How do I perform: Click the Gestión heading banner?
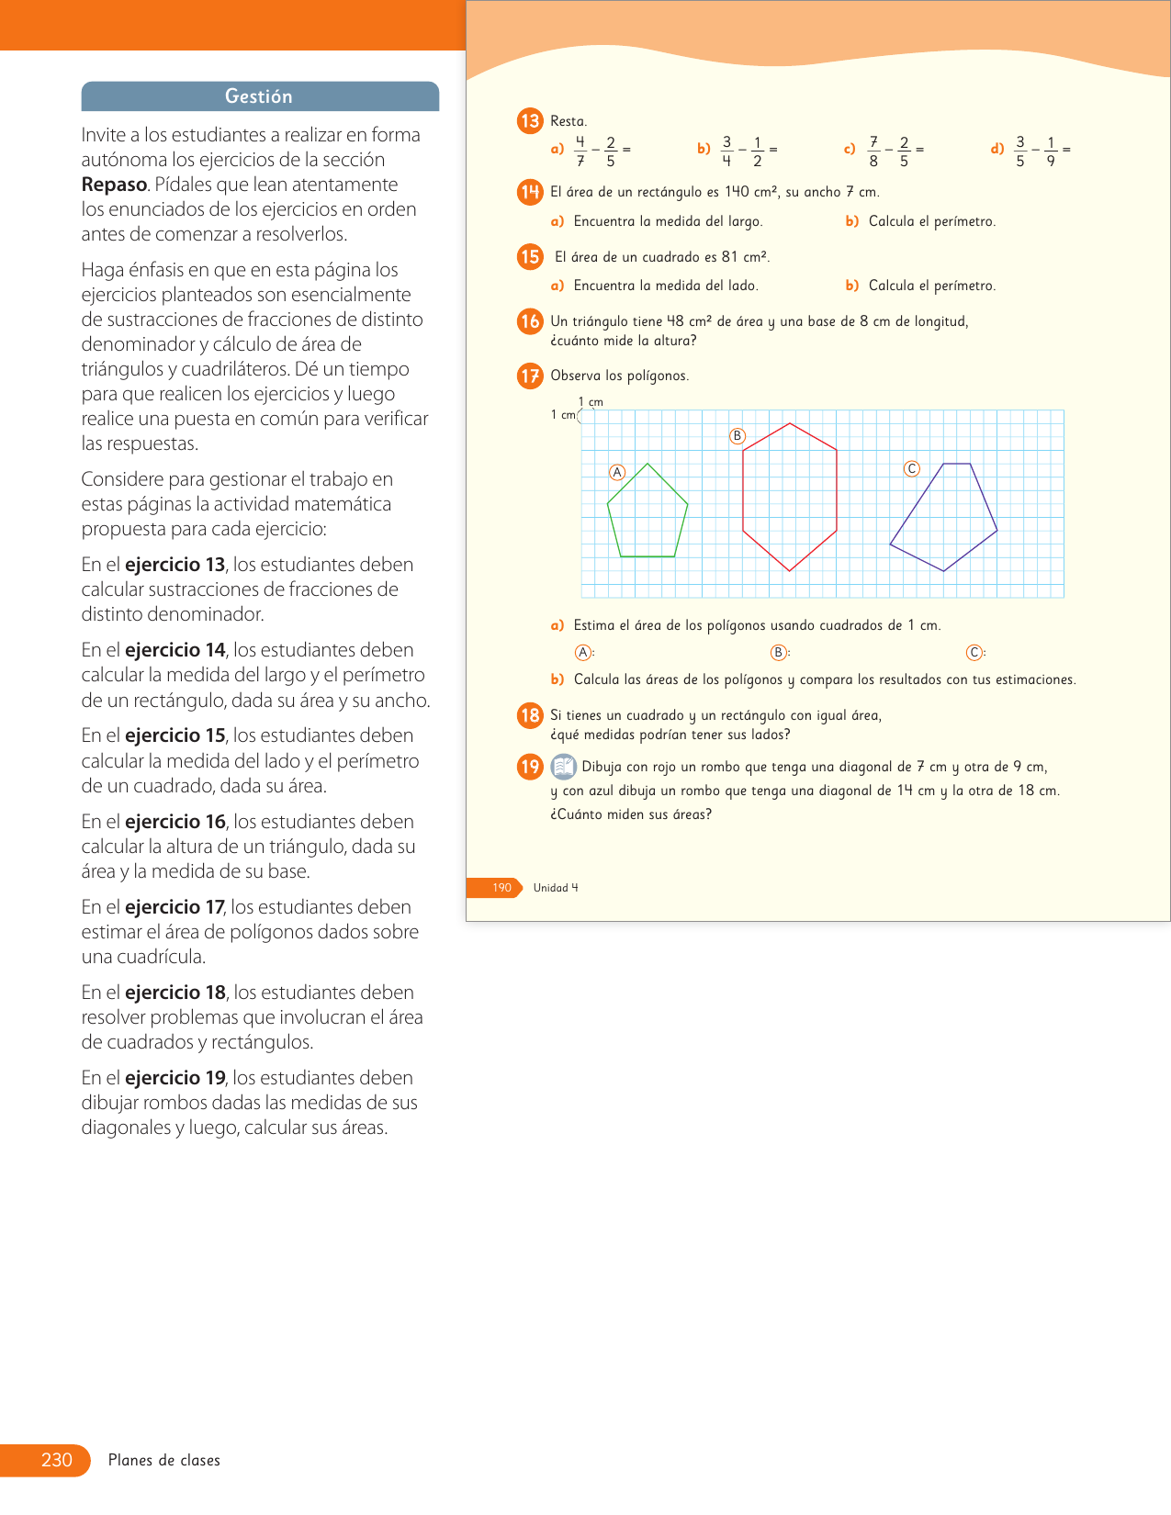click(x=260, y=96)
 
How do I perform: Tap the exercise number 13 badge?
click(x=530, y=121)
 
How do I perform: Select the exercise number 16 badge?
click(x=530, y=321)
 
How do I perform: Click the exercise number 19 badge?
click(x=530, y=767)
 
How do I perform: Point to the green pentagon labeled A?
click(x=647, y=514)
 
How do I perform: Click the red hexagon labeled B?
click(x=790, y=496)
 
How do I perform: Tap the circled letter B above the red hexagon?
click(x=737, y=436)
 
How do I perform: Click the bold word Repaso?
click(x=114, y=185)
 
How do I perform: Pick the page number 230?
click(x=56, y=1460)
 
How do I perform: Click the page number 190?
click(x=501, y=888)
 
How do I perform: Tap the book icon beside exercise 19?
click(x=563, y=766)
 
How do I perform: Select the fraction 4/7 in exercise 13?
click(x=580, y=151)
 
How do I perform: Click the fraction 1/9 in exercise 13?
click(x=1051, y=151)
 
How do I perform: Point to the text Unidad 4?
click(x=556, y=888)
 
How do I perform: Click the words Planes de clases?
click(x=164, y=1460)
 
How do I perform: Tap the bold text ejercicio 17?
click(x=175, y=907)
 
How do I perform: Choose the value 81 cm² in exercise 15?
click(x=745, y=257)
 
